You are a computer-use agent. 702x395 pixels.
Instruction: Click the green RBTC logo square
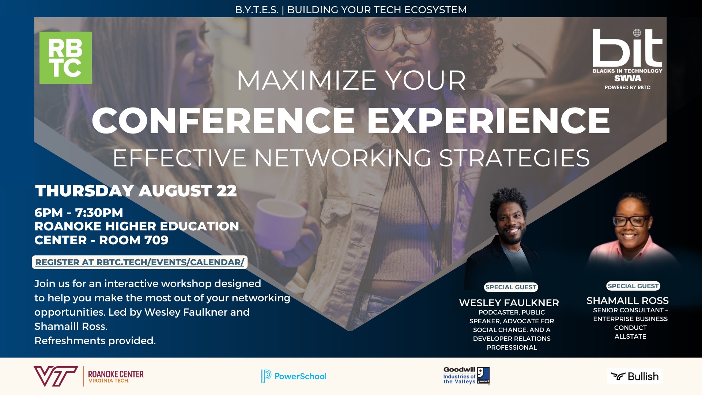coord(65,58)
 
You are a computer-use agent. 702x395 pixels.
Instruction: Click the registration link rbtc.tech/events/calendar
coord(140,262)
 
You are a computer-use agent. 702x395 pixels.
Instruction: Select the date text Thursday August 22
coord(136,191)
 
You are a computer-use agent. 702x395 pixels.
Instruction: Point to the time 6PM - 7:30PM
coord(79,212)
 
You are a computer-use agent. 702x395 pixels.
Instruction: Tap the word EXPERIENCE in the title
coord(488,121)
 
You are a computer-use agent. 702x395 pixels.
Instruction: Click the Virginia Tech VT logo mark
coord(56,376)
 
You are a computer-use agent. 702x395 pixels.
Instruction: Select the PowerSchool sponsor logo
coord(294,376)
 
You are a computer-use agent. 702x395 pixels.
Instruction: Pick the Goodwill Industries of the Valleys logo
coord(466,376)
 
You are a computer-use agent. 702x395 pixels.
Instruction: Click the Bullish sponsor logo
coord(635,376)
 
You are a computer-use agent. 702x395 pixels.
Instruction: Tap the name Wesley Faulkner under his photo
coord(509,303)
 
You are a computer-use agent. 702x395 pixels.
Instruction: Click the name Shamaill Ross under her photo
coord(627,301)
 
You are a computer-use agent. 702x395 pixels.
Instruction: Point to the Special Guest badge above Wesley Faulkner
coord(511,287)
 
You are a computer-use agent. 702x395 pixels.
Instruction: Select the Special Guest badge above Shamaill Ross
coord(633,286)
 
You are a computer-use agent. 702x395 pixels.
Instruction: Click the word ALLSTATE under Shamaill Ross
coord(630,336)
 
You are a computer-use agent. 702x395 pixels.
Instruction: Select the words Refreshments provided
coord(95,341)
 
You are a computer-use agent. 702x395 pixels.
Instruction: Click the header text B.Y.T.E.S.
coord(257,10)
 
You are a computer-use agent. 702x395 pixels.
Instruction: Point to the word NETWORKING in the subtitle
coord(343,158)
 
